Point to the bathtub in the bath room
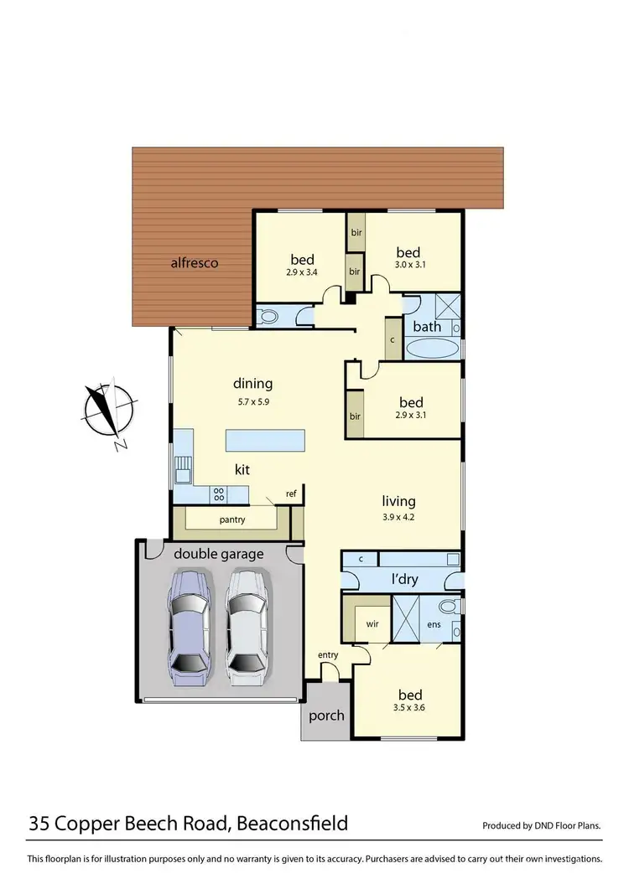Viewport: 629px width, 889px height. (432, 348)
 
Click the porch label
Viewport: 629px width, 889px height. (326, 715)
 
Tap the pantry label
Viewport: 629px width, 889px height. (231, 519)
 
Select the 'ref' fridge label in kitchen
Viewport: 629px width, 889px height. (291, 494)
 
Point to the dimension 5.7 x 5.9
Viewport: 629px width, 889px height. (252, 401)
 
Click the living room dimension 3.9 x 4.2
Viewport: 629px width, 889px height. (398, 517)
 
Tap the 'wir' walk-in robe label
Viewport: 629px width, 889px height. (372, 624)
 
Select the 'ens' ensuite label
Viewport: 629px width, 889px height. (434, 624)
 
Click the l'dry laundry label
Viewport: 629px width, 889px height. (405, 579)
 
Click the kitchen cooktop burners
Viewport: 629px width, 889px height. (218, 494)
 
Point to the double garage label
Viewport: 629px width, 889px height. (218, 554)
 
